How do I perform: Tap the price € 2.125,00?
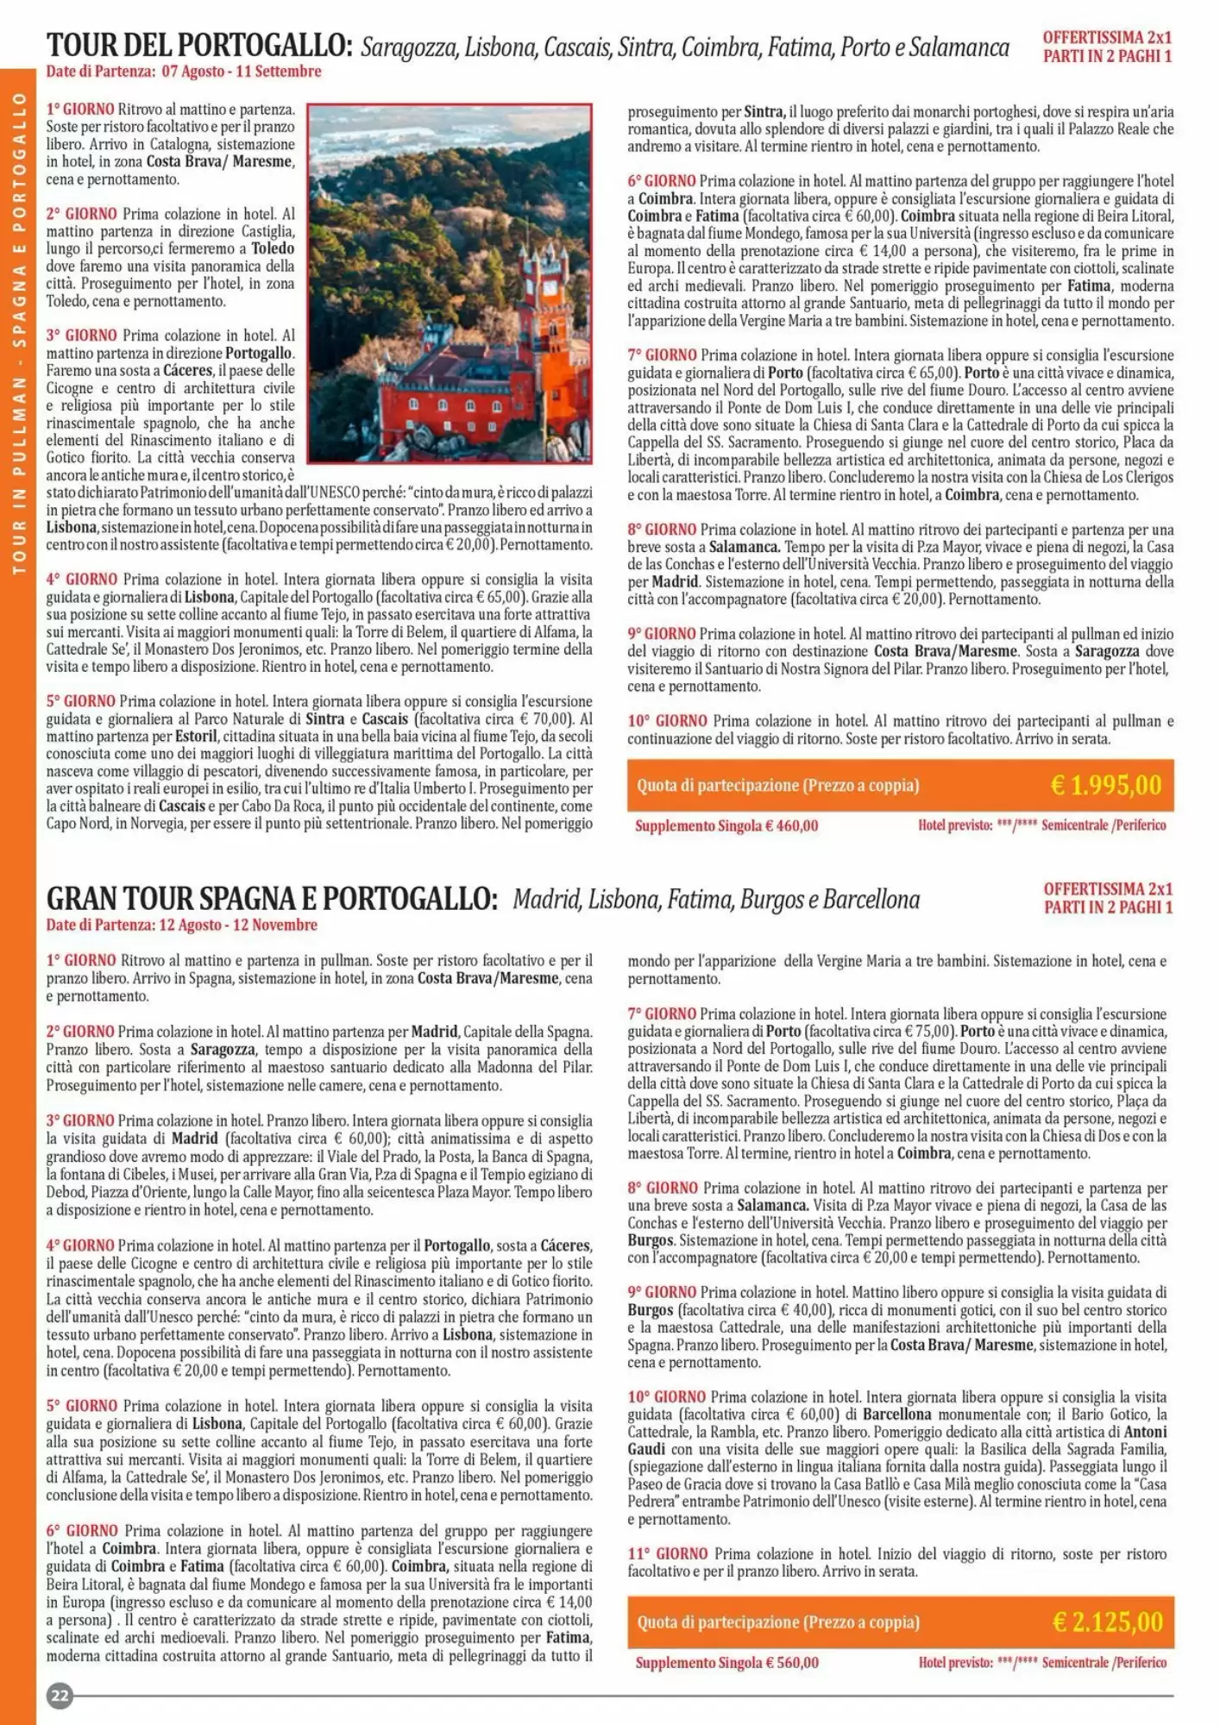coord(1107,1622)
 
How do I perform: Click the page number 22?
coord(60,1696)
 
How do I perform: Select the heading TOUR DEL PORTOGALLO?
coord(199,45)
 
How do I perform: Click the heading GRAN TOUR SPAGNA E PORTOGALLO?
coord(272,899)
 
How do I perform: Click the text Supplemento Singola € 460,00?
coord(726,826)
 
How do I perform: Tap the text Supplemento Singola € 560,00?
coord(726,1663)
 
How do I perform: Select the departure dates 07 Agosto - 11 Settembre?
coord(242,72)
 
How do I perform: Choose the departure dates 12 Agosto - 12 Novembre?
coord(238,925)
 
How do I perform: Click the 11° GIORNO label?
coord(667,1553)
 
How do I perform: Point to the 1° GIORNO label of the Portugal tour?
coord(80,110)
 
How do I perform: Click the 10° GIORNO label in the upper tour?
coord(667,721)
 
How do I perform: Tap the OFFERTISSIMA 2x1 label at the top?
coord(1107,38)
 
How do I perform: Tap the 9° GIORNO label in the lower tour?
coord(662,1292)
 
